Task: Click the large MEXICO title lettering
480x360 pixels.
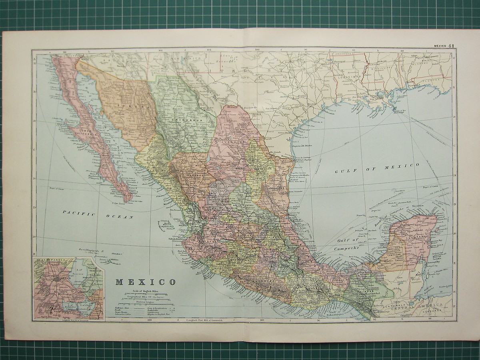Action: click(x=146, y=282)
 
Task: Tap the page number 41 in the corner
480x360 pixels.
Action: click(x=451, y=46)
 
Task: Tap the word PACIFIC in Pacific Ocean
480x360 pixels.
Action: click(x=78, y=213)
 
